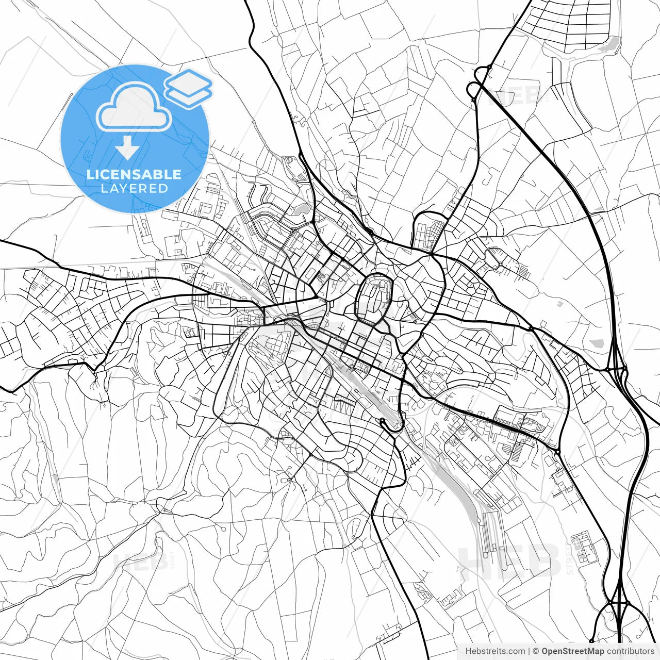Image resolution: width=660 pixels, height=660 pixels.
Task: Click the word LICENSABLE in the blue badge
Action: coord(134,174)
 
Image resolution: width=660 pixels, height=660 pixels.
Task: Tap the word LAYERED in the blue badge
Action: coord(134,189)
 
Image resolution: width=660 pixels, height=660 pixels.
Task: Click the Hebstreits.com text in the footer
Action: coord(495,651)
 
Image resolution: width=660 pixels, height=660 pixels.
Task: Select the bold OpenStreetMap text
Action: coord(572,651)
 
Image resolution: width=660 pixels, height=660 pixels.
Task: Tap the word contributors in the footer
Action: coord(630,651)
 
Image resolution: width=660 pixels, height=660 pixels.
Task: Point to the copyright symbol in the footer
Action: coord(536,651)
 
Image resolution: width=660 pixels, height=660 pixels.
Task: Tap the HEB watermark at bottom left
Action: coord(139,559)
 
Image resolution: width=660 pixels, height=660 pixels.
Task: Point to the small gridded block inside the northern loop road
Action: coord(430,235)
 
